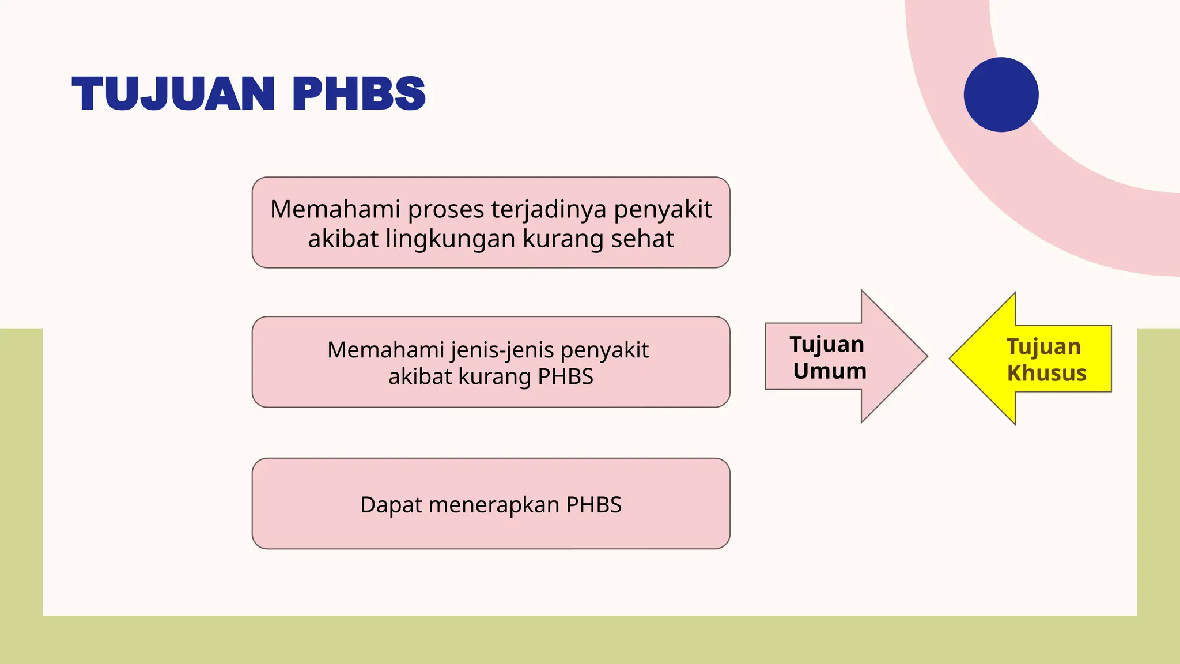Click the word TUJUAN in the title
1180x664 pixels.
(173, 93)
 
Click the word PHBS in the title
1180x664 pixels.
(359, 93)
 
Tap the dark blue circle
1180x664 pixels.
(1001, 95)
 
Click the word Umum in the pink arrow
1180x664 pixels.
(830, 371)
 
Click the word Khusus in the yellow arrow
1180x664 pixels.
(1046, 373)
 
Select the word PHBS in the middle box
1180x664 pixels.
(565, 376)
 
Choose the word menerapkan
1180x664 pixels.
(494, 505)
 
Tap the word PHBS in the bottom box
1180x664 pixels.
(593, 505)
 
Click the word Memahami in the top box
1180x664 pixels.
(335, 209)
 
